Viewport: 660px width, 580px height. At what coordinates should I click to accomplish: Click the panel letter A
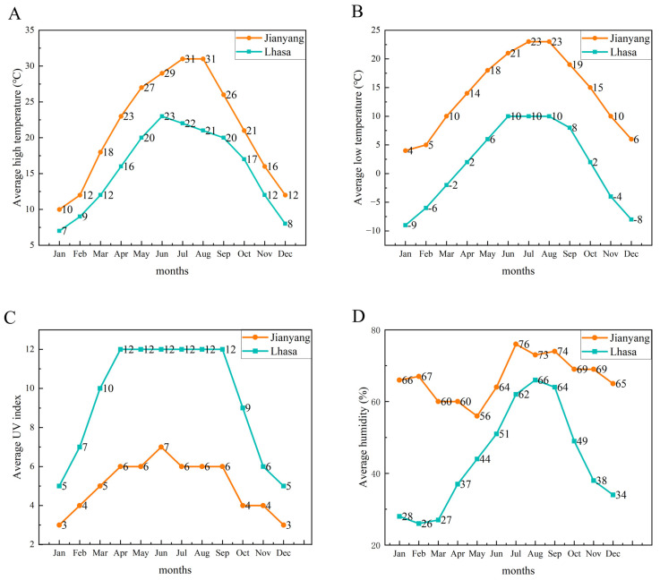(14, 13)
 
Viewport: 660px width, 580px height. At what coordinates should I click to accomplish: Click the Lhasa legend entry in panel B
(610, 52)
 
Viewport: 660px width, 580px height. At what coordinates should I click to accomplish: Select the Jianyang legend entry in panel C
(277, 337)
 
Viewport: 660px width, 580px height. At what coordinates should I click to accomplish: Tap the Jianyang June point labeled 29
(161, 73)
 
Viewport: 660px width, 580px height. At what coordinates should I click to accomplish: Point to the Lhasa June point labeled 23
(161, 116)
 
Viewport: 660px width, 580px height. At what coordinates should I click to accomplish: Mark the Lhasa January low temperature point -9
(406, 225)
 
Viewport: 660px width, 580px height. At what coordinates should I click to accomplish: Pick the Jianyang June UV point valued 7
(161, 448)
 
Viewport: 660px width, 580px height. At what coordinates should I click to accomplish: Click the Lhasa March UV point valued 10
(99, 388)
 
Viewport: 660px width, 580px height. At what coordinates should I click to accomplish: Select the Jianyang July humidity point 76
(516, 344)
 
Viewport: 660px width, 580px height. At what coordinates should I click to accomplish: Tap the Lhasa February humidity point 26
(419, 524)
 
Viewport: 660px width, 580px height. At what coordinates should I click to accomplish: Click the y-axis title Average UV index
(17, 437)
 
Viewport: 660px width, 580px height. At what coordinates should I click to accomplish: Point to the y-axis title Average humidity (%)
(363, 437)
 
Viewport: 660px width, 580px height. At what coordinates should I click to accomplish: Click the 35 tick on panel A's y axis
(30, 30)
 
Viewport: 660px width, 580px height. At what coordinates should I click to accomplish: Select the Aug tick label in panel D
(535, 554)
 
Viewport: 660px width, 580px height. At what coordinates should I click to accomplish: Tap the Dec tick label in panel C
(283, 553)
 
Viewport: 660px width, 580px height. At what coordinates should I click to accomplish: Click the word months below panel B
(519, 271)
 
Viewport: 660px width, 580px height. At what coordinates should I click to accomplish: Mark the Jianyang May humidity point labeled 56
(477, 415)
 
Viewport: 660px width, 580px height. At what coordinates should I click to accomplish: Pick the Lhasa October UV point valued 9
(243, 407)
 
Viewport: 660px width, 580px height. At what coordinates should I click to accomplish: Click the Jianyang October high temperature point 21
(244, 131)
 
